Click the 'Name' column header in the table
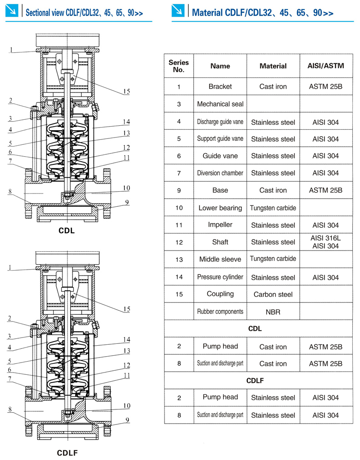[220, 66]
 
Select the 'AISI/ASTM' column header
[326, 66]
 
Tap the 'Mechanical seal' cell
[220, 104]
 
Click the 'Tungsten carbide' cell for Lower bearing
[273, 208]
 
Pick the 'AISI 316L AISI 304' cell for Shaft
[326, 242]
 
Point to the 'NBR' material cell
[273, 312]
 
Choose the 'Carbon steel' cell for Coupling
[273, 295]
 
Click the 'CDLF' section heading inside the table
[255, 380]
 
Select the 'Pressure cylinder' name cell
[220, 277]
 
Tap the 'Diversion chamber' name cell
[220, 173]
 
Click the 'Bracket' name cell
[220, 87]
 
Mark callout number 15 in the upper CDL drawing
[126, 92]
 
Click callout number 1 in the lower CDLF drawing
[10, 267]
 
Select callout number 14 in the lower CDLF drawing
[126, 339]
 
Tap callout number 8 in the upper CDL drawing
[10, 192]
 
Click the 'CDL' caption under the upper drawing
[67, 231]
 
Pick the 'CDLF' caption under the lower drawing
[67, 453]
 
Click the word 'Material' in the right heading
[208, 13]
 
